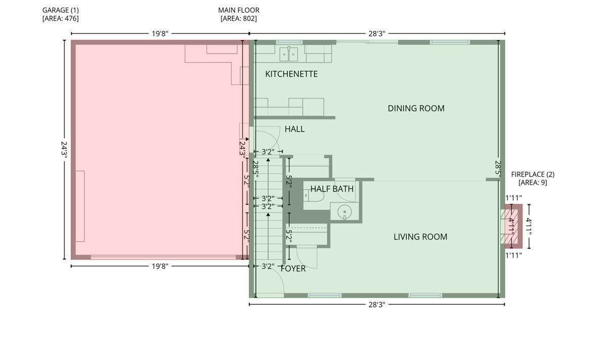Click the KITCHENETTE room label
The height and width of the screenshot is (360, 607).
tap(291, 74)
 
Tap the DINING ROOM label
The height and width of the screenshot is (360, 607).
tap(416, 108)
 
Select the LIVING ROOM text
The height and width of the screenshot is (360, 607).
tap(420, 237)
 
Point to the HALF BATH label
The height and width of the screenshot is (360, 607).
tap(332, 189)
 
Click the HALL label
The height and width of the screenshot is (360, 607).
tap(294, 129)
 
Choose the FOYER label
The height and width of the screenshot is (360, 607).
tap(293, 268)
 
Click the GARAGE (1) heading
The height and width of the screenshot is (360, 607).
tap(60, 10)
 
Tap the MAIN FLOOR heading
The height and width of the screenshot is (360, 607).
tap(239, 10)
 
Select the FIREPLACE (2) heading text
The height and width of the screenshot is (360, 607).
tap(533, 174)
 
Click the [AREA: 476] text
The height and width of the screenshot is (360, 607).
tap(60, 18)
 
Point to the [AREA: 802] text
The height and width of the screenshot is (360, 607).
tap(239, 18)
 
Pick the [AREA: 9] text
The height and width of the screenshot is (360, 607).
tap(533, 183)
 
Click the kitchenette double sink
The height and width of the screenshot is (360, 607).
tap(289, 54)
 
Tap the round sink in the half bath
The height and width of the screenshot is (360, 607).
tap(344, 211)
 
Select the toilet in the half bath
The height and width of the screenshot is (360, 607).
tap(314, 195)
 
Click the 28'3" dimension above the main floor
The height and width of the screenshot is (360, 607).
tap(377, 33)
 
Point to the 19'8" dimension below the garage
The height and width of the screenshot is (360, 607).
tap(160, 266)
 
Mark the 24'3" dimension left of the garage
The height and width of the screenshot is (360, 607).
tap(64, 150)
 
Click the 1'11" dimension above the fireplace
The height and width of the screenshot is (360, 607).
tap(514, 198)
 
